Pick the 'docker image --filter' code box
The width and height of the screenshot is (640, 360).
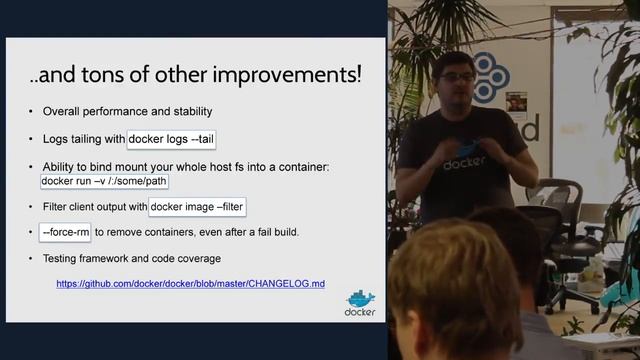coord(197,207)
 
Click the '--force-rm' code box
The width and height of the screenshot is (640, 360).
coord(65,233)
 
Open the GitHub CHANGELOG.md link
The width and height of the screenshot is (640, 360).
coord(190,284)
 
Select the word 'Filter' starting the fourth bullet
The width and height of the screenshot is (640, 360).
coord(56,207)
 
